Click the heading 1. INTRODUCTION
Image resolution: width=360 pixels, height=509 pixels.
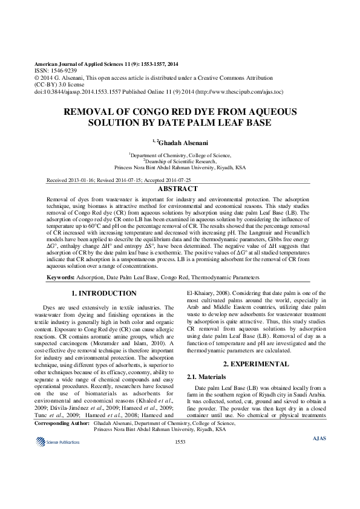(x=104, y=293)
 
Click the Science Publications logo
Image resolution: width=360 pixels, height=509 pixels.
(x=57, y=443)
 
